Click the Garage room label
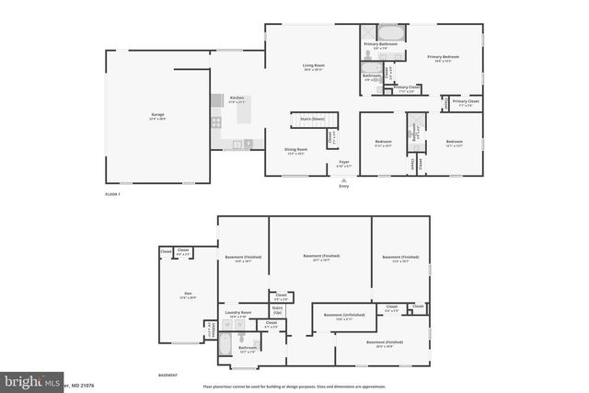(158, 115)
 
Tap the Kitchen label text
(237, 98)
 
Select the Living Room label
(315, 66)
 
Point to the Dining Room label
(295, 150)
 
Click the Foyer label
(344, 163)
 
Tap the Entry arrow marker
(344, 179)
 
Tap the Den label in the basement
(187, 295)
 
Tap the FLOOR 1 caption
(113, 194)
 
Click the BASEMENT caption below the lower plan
(167, 376)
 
